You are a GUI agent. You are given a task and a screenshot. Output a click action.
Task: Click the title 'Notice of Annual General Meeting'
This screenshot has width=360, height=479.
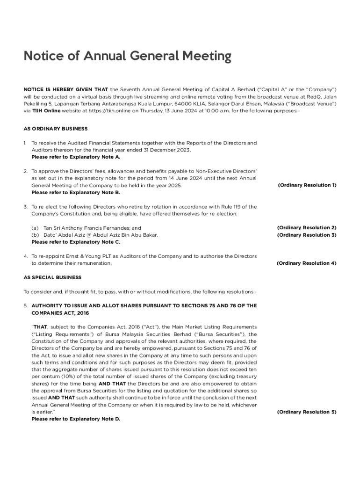(128, 57)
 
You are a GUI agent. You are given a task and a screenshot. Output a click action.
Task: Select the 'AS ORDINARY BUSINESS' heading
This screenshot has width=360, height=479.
(56, 129)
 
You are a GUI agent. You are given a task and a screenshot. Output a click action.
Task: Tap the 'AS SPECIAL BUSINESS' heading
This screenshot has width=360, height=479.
(52, 277)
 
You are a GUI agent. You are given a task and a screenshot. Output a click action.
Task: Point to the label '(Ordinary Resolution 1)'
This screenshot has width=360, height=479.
(307, 185)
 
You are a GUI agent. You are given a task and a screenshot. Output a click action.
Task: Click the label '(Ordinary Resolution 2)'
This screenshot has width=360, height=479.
(307, 228)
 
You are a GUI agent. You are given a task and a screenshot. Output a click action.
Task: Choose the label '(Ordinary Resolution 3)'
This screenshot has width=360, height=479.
(307, 235)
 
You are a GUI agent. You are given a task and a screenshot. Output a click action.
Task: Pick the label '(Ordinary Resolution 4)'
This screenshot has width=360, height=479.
(307, 263)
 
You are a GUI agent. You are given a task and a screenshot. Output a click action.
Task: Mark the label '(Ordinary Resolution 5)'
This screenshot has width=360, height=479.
(307, 412)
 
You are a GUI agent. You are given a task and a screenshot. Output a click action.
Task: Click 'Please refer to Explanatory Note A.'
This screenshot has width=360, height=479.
(76, 157)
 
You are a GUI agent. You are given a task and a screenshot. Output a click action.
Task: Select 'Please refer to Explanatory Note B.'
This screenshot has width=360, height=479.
(76, 192)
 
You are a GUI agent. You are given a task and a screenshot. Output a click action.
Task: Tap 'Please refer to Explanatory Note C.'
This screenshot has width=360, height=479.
(76, 242)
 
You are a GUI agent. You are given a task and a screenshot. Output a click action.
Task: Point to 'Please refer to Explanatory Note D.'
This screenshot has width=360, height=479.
(76, 419)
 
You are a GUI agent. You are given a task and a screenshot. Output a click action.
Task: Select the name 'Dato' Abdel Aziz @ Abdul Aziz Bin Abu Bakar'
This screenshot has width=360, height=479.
(100, 235)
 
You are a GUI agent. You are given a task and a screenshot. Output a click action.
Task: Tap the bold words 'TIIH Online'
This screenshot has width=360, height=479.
(46, 111)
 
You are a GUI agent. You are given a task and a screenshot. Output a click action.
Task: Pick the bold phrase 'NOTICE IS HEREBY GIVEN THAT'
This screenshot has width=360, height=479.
(66, 89)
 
